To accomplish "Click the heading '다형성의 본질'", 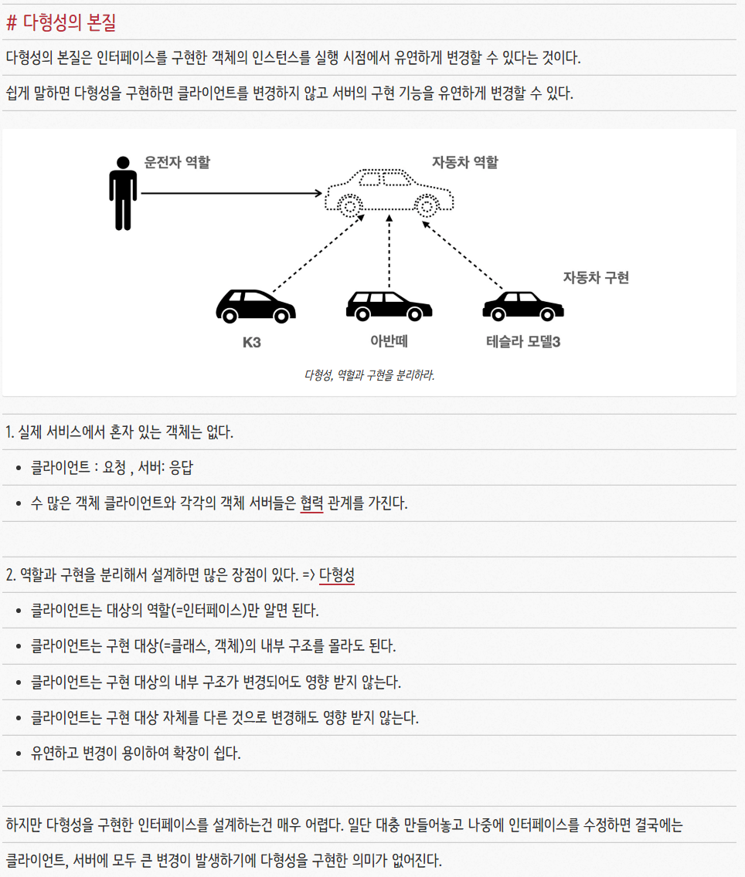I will (69, 22).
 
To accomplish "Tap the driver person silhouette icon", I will (123, 193).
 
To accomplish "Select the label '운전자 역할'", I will (177, 162).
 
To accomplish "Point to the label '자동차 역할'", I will (465, 162).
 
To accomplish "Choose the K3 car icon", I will (256, 306).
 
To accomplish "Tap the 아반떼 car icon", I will (389, 306).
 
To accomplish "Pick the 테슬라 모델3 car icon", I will (522, 306).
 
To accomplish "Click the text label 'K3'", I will (252, 342).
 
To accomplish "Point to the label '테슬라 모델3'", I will (523, 341).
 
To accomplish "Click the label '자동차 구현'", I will (596, 278).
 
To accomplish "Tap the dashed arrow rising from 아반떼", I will (390, 255).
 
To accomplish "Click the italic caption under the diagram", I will (369, 376).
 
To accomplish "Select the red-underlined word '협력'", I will (311, 504).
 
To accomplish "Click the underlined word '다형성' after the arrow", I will (337, 575).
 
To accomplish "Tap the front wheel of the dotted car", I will (351, 206).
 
